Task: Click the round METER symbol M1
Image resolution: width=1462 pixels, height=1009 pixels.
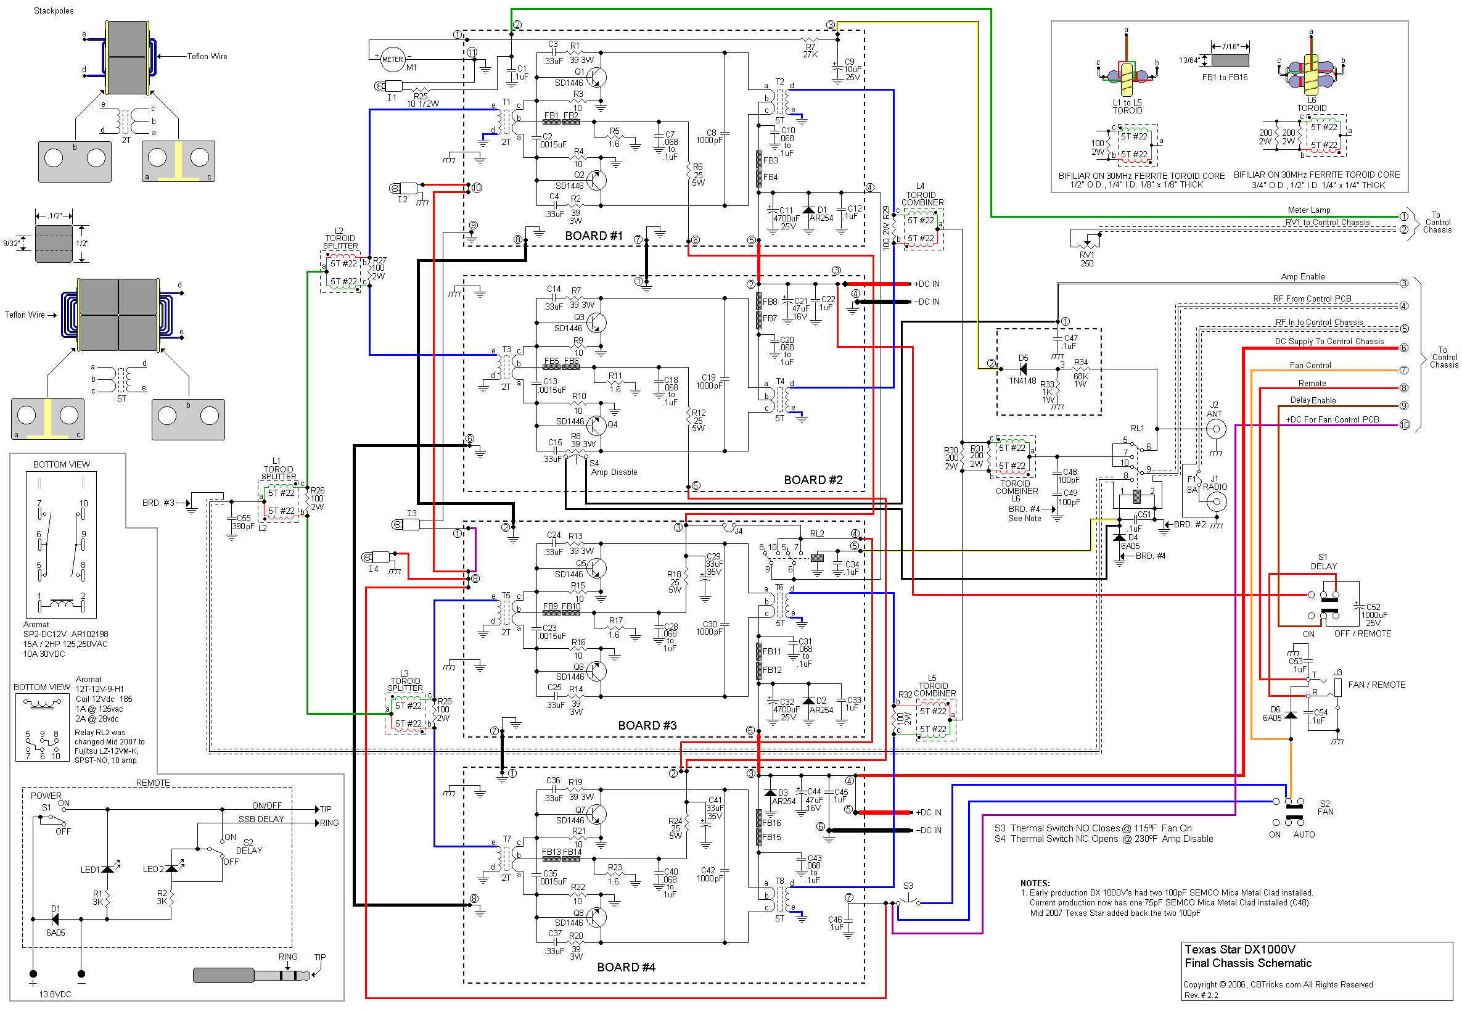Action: [x=392, y=59]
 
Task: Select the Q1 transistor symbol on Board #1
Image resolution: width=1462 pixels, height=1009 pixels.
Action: [x=596, y=77]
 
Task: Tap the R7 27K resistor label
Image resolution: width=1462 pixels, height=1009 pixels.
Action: [x=810, y=51]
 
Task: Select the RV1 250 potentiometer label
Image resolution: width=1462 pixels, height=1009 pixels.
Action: [x=1086, y=259]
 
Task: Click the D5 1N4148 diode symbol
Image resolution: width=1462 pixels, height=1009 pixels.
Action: [x=1022, y=369]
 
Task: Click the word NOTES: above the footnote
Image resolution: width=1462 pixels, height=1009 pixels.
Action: [x=1035, y=883]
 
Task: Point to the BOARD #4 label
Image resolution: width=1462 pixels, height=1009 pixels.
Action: [x=626, y=967]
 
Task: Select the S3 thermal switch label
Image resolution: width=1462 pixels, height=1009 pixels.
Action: [x=908, y=886]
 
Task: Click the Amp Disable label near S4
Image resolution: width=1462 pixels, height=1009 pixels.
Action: [x=614, y=472]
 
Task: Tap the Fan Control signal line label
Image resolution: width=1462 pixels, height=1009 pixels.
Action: [x=1310, y=365]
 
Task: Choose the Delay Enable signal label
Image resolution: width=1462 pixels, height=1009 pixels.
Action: [x=1312, y=400]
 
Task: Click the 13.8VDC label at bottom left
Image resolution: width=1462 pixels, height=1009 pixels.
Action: [x=55, y=994]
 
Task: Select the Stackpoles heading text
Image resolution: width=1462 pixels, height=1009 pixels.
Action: [x=54, y=10]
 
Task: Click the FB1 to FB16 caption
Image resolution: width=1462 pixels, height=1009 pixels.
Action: [x=1225, y=78]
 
